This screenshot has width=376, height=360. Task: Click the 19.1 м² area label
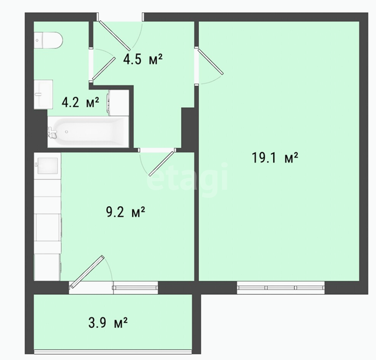point(275,158)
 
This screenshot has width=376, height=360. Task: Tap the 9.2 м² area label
point(125,212)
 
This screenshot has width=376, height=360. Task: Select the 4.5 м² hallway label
point(143,59)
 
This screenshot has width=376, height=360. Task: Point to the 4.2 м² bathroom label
point(80,102)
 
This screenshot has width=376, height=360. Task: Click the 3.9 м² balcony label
point(108,322)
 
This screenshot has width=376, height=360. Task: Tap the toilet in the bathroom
point(48,41)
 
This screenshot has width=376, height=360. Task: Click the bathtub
point(88,132)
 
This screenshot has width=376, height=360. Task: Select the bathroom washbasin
point(43,95)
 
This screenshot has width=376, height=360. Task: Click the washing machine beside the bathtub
point(118,102)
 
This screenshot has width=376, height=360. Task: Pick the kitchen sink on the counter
point(48,166)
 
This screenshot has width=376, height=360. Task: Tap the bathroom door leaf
point(104,68)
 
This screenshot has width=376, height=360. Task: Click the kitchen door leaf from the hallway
point(161,163)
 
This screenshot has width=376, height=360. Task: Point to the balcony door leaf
point(88,271)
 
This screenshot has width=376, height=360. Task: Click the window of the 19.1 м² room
point(281,288)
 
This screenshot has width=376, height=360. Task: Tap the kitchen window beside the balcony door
point(136,288)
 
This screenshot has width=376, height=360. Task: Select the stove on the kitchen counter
point(48,227)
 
